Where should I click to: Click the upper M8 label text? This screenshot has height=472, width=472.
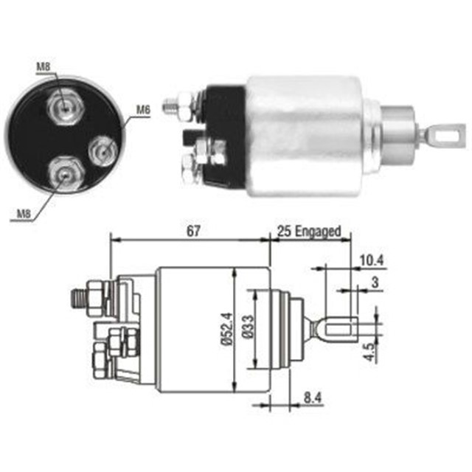(x=44, y=68)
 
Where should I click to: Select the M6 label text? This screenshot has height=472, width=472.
(x=143, y=110)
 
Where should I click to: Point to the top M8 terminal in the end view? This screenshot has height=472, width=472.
(x=66, y=107)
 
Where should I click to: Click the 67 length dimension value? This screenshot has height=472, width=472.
(x=193, y=231)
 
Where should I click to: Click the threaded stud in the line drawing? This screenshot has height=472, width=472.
(x=75, y=299)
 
